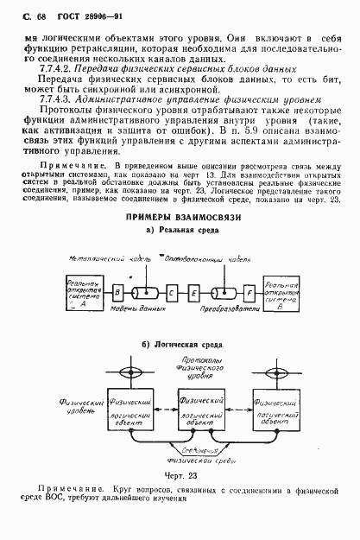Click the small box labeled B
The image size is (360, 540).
[x=117, y=292]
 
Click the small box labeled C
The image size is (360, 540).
[x=173, y=292]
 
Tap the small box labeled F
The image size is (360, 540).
[x=249, y=292]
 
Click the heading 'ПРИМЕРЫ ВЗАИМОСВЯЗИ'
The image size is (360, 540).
[x=179, y=217]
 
